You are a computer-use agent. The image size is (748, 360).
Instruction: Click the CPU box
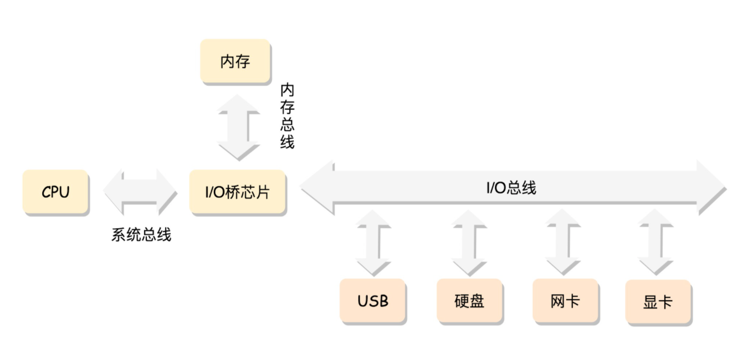point(55,192)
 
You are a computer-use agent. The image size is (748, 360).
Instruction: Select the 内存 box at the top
point(235,61)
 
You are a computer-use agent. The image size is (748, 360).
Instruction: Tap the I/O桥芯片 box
point(238,192)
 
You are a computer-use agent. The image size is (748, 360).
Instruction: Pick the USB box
point(373,301)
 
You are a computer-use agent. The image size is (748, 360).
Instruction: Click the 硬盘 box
point(469,301)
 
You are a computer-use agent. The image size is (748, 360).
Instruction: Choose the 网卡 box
point(565,301)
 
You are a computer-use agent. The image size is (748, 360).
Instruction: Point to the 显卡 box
point(658,302)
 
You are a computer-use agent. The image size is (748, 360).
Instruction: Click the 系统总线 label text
point(141,235)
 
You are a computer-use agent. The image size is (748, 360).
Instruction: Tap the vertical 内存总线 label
point(287,116)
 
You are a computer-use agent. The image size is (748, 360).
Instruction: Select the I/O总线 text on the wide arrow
point(511,188)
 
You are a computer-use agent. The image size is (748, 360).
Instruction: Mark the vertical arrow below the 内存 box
point(239,127)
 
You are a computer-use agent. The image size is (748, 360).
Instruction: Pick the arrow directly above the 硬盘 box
point(469,243)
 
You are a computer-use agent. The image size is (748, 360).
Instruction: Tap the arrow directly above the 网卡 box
point(562,243)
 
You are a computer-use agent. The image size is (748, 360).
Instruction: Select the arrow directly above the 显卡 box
point(655,243)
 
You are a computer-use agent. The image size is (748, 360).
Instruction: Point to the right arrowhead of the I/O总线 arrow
point(710,188)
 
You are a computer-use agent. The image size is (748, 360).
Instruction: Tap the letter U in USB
point(363,301)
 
